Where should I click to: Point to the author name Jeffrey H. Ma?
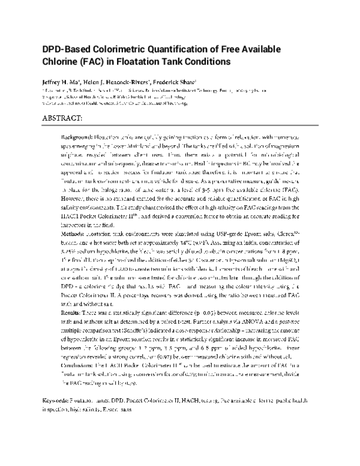(x=62, y=82)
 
